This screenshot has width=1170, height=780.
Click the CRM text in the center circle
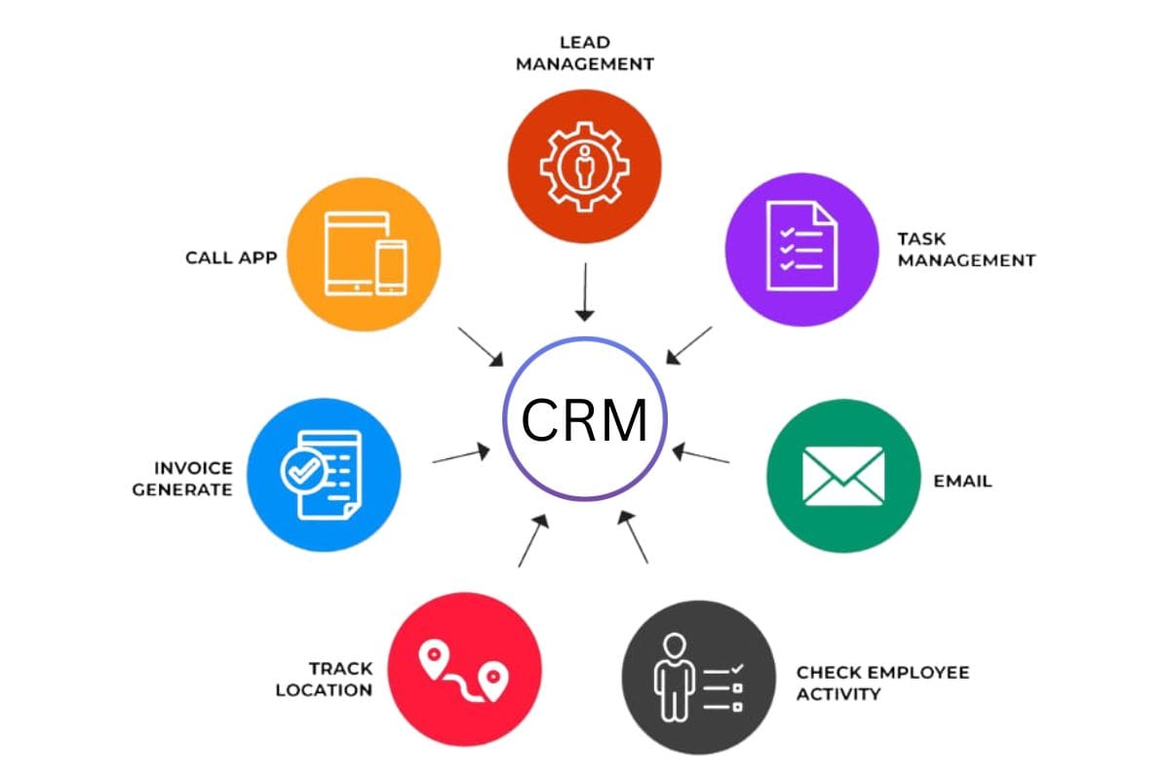coord(584,420)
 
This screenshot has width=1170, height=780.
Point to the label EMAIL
coord(962,481)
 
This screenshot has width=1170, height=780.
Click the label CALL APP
coord(231,258)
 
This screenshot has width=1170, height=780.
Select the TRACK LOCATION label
coord(324,680)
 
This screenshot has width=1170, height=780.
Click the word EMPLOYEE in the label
coord(921,673)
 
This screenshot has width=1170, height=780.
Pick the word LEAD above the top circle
coord(584,43)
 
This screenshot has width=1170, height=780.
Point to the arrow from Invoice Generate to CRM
coord(461,454)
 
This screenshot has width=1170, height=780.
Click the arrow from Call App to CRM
coord(481,347)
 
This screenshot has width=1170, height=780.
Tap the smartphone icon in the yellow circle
coord(391,265)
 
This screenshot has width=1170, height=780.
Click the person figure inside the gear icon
coord(584,168)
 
